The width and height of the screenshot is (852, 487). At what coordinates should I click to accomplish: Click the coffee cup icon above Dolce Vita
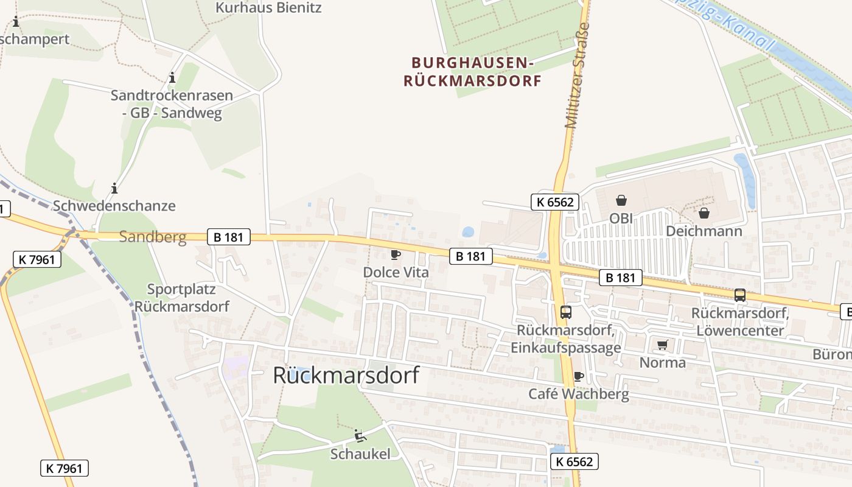pos(396,254)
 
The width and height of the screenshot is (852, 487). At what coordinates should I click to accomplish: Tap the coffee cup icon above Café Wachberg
pos(578,376)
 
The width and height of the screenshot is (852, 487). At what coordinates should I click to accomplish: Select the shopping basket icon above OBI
pos(621,200)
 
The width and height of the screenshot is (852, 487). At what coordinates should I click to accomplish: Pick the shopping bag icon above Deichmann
pos(704,213)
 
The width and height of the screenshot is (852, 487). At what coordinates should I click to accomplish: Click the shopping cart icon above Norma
pos(663,345)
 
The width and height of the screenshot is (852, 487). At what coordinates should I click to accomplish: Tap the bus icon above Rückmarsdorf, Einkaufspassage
pos(566,312)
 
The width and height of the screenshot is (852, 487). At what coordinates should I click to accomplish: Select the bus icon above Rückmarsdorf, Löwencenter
pos(740,295)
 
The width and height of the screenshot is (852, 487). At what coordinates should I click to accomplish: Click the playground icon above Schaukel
pos(360,435)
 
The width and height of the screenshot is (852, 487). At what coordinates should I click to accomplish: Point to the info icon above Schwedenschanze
pos(114,188)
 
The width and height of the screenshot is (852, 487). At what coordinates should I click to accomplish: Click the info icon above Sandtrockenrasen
pos(172,78)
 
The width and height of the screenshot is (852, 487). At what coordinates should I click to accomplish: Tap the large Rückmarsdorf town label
pos(346,375)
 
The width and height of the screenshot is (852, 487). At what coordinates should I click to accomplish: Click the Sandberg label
pos(153,237)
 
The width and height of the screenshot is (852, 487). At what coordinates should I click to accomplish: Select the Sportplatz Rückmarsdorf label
pos(182,298)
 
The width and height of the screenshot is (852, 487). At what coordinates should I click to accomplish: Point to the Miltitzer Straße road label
pos(578,75)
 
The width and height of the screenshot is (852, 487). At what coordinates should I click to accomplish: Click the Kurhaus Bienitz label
pos(268,8)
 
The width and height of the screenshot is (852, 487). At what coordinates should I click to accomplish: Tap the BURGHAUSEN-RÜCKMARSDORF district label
pos(473,72)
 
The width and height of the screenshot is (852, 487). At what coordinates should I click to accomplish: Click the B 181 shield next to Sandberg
pos(229,237)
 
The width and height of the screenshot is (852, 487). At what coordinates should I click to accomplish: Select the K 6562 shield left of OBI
pos(555,202)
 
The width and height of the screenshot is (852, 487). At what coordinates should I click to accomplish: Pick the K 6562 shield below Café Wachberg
pos(574,461)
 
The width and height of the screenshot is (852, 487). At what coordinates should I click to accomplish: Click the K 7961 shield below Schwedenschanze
pos(37,259)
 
